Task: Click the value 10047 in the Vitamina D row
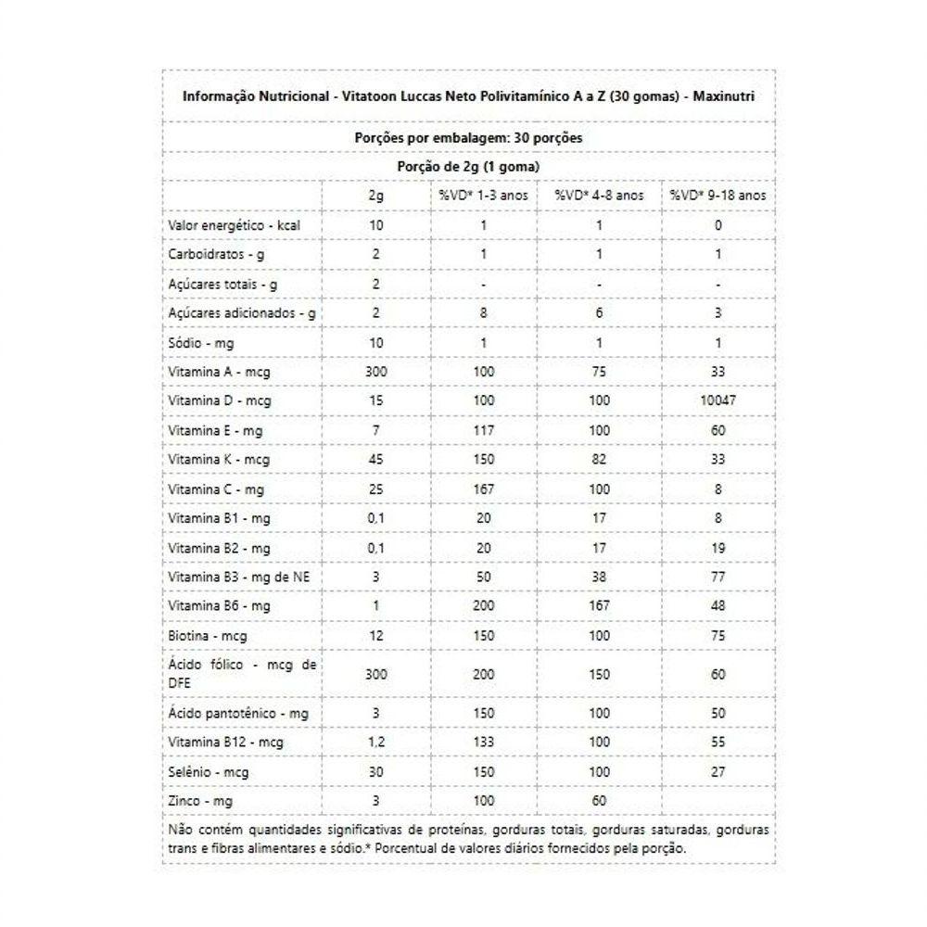click(x=718, y=400)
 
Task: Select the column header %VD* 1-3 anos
click(x=483, y=196)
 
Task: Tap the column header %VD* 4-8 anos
click(x=599, y=196)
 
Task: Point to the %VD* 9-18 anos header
click(x=718, y=196)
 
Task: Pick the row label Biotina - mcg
click(x=208, y=637)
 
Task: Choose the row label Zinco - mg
click(x=200, y=800)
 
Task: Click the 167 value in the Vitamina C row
click(x=483, y=489)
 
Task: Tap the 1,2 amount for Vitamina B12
click(x=375, y=743)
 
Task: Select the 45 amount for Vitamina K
click(x=375, y=459)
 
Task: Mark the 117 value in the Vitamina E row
click(x=483, y=430)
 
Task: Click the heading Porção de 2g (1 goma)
click(x=468, y=166)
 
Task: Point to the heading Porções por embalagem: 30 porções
click(x=468, y=137)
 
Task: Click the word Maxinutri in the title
click(x=720, y=96)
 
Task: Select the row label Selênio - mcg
click(x=208, y=772)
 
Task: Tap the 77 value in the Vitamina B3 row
click(x=718, y=577)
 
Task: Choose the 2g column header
click(x=375, y=196)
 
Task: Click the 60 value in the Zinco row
click(x=599, y=800)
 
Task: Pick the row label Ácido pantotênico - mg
click(x=238, y=713)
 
